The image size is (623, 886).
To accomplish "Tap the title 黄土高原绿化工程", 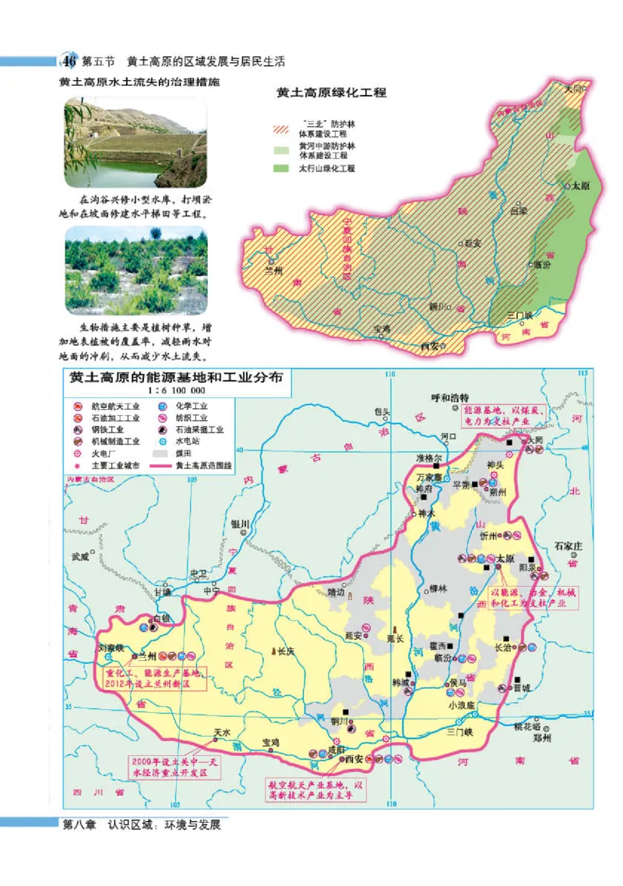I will (x=332, y=93).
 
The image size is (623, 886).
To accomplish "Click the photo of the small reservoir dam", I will (x=136, y=143).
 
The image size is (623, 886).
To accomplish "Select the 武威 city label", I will (x=80, y=556).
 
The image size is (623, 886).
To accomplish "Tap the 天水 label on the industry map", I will (x=222, y=733).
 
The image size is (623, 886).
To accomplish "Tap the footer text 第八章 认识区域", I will (x=143, y=824).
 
